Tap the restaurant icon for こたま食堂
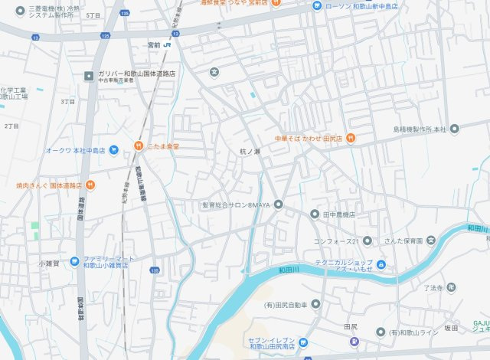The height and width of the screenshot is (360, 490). tap(139, 144)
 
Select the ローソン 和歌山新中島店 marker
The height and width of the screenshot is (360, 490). tap(316, 6)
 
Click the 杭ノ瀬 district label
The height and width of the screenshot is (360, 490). tap(250, 152)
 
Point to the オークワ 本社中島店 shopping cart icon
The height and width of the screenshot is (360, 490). tap(113, 150)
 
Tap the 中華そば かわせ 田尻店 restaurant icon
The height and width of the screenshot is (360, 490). tap(350, 138)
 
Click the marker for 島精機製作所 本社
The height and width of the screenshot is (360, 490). tap(454, 129)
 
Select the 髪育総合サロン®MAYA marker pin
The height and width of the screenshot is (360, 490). tap(279, 205)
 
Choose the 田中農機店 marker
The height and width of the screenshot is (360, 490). tap(315, 214)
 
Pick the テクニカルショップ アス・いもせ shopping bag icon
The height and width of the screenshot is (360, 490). tap(381, 265)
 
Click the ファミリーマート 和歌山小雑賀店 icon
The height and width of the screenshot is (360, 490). tap(74, 261)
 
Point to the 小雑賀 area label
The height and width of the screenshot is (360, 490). tap(49, 263)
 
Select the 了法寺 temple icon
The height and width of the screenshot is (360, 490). tap(452, 288)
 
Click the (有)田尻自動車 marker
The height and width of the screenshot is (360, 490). tap(315, 305)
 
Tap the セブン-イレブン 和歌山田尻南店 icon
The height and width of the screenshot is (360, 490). tap(302, 342)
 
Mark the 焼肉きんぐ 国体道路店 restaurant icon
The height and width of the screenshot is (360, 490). tap(90, 185)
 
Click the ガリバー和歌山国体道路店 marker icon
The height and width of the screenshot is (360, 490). tap(89, 74)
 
